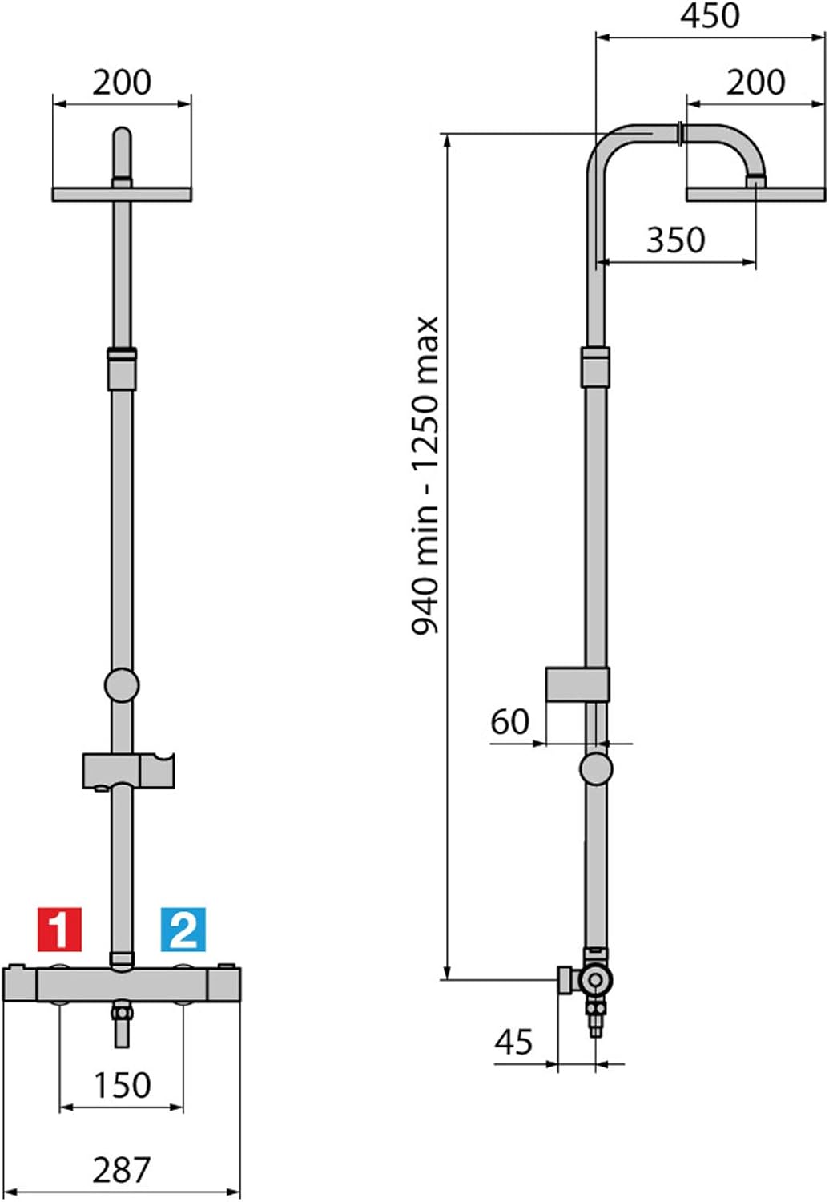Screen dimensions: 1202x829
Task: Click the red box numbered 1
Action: click(59, 929)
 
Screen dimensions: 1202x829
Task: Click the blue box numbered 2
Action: click(183, 929)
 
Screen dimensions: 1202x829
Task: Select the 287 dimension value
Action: click(122, 1170)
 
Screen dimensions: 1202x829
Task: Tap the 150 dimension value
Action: click(122, 1085)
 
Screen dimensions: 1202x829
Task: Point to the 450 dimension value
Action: click(710, 16)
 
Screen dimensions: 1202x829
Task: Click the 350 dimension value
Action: click(675, 240)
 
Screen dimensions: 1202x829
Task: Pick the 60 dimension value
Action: click(510, 721)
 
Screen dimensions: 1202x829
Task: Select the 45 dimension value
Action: click(513, 1042)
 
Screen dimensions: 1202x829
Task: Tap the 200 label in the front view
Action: click(122, 83)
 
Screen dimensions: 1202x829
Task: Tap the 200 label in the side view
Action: click(755, 83)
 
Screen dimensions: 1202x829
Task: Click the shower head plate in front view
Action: click(122, 194)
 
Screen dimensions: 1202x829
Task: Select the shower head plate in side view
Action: click(755, 194)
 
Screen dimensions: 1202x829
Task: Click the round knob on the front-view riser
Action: click(122, 686)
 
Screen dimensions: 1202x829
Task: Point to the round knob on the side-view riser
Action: click(596, 768)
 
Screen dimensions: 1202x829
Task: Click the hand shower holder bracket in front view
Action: click(128, 770)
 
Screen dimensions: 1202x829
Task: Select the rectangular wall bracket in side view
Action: click(577, 684)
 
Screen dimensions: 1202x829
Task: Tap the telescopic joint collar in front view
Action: click(122, 368)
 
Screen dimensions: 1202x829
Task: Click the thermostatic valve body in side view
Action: click(595, 978)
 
